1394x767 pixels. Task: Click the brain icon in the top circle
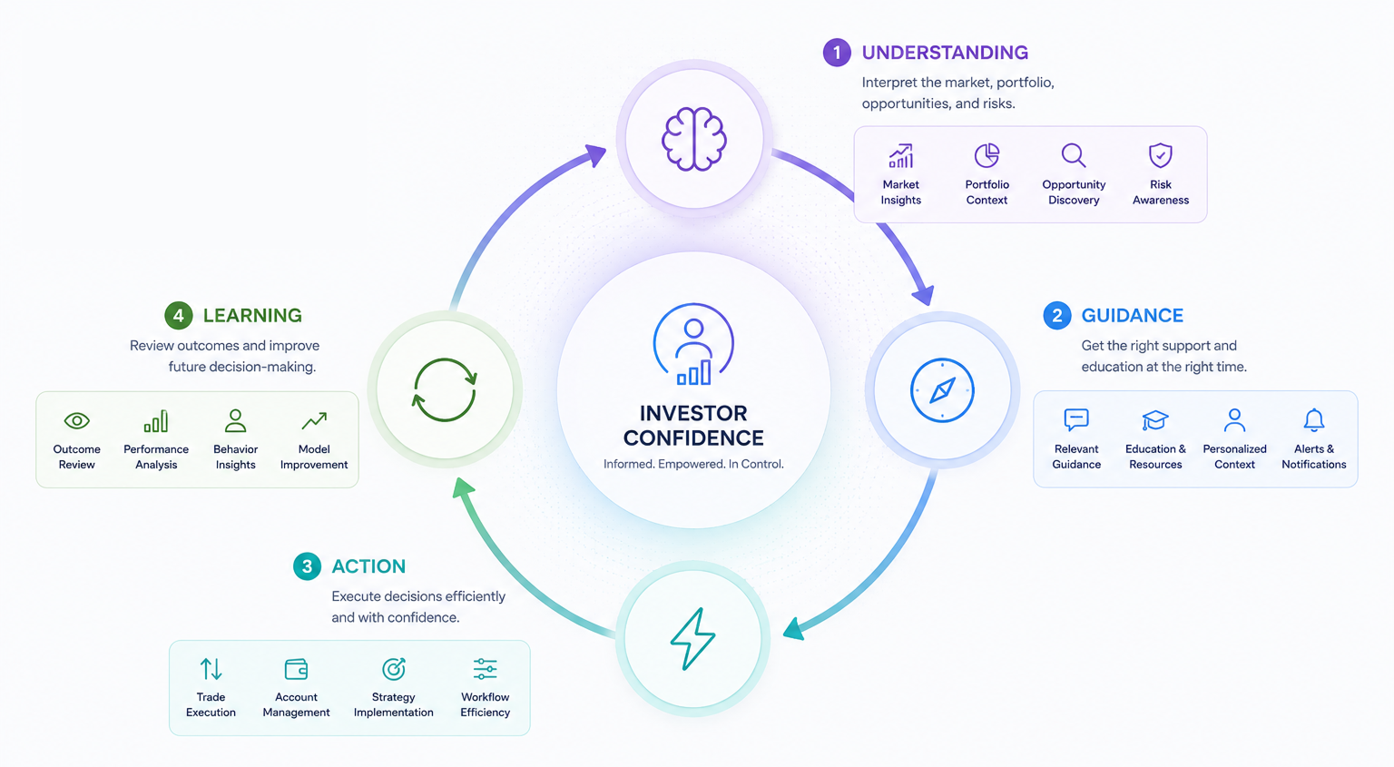(694, 139)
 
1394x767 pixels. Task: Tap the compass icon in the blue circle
(942, 390)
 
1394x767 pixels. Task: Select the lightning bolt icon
(692, 639)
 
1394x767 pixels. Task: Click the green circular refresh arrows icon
(445, 390)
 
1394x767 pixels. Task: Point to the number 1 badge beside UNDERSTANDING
(837, 53)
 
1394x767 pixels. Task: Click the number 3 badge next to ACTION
(307, 566)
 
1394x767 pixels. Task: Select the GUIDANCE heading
(1132, 316)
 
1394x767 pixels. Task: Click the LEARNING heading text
(252, 316)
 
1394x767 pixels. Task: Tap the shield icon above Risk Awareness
(1161, 155)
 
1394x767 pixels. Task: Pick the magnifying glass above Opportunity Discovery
(1074, 155)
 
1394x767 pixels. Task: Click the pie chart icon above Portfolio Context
(987, 155)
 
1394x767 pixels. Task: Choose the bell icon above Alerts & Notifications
(1314, 420)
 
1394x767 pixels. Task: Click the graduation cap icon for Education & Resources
(1155, 420)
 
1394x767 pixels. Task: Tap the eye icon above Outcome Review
(76, 421)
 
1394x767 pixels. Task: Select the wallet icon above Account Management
(296, 669)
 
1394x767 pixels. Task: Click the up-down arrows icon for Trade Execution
(211, 669)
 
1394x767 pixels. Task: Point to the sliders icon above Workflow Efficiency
(485, 669)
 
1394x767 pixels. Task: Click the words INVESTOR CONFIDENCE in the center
(693, 426)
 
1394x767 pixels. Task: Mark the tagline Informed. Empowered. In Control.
(693, 464)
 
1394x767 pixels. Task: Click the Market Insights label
(900, 192)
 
